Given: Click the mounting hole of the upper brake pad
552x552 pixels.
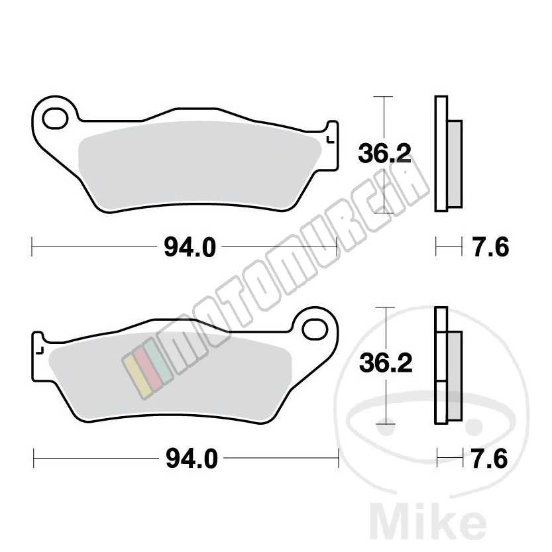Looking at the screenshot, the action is (x=55, y=119).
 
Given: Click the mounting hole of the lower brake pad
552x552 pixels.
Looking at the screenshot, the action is (x=314, y=329).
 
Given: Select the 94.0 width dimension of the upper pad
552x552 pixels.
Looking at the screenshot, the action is (x=190, y=247).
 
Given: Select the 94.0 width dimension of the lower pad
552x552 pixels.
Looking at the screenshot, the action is (x=192, y=459).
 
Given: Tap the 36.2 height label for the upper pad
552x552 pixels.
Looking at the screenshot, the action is (x=384, y=154).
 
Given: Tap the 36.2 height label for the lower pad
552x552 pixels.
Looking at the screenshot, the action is (x=386, y=363).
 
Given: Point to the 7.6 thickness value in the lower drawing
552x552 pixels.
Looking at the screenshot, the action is (x=490, y=459).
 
